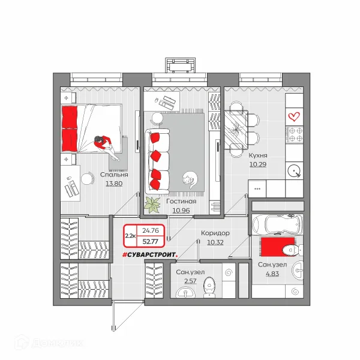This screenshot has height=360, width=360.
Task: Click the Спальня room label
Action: pos(114,175)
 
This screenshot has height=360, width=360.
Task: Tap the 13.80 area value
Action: pos(114,184)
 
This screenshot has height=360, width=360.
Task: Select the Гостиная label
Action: pos(181,202)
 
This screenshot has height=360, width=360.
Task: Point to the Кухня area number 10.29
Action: pos(258,164)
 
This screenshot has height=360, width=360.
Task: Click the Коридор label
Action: pos(215,233)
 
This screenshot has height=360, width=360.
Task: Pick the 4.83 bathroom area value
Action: pos(272,274)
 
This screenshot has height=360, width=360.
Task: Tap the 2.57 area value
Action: pos(190,281)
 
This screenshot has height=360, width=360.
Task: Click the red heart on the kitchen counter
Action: pos(294,116)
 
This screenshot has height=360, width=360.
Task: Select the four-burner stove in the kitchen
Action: pos(294,134)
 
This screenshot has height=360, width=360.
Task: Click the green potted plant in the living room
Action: pos(152,205)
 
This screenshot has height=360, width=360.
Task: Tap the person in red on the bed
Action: pos(106,147)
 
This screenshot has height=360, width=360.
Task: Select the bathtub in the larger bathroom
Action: pos(278,224)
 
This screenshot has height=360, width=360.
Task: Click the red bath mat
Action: pos(277,247)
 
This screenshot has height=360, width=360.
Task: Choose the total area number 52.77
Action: pos(151,242)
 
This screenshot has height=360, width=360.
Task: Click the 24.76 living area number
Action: pos(151,230)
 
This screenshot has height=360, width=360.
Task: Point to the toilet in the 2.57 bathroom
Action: pos(209,287)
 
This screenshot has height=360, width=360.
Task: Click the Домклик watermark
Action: pos(49,343)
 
